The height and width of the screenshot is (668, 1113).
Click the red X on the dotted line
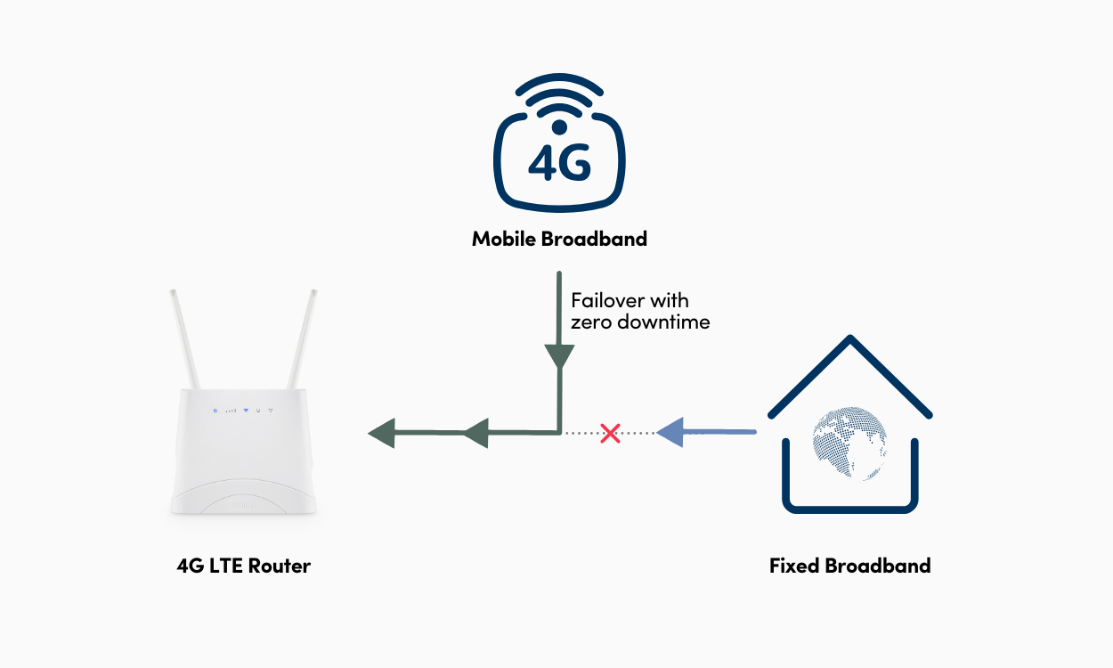pyautogui.click(x=610, y=434)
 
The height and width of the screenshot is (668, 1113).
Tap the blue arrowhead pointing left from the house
pyautogui.click(x=670, y=433)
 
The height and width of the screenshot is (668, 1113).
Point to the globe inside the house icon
pyautogui.click(x=849, y=443)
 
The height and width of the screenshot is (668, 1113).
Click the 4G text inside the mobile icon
pyautogui.click(x=559, y=162)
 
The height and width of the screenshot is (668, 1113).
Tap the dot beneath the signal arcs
pyautogui.click(x=559, y=127)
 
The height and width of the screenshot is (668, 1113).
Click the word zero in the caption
pyautogui.click(x=590, y=322)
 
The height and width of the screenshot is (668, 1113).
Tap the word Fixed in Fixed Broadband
pyautogui.click(x=794, y=566)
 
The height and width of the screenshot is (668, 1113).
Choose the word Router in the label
pyautogui.click(x=280, y=566)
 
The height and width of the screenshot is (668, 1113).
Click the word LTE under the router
pyautogui.click(x=225, y=566)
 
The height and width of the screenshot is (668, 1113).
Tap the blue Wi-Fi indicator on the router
pyautogui.click(x=245, y=411)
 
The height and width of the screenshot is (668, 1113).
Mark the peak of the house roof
pyautogui.click(x=851, y=339)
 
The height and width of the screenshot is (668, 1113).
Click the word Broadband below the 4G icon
pyautogui.click(x=596, y=239)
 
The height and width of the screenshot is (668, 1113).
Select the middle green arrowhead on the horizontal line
pyautogui.click(x=475, y=434)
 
